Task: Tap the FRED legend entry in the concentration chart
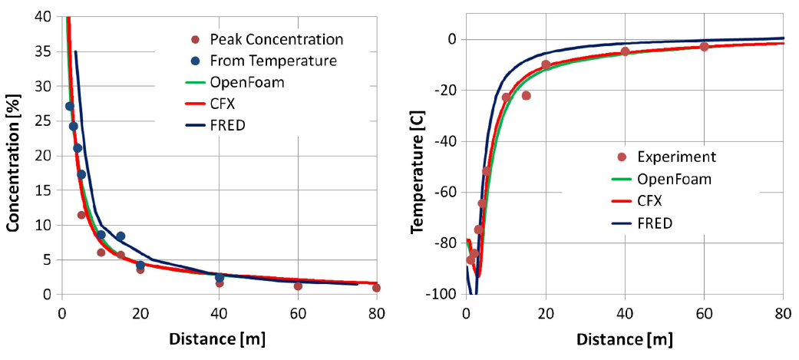(x=227, y=124)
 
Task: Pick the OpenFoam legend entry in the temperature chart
(x=673, y=179)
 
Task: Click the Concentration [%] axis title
(x=13, y=154)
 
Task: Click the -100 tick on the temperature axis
(x=440, y=295)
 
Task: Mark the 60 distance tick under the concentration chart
(x=297, y=312)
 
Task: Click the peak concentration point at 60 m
(x=298, y=286)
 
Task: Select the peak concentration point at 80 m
(x=376, y=288)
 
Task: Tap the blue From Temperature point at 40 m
(x=220, y=278)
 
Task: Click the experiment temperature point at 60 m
(x=704, y=47)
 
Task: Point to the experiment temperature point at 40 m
(x=625, y=51)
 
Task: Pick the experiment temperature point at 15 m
(x=526, y=95)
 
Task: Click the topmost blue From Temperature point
(x=69, y=107)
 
